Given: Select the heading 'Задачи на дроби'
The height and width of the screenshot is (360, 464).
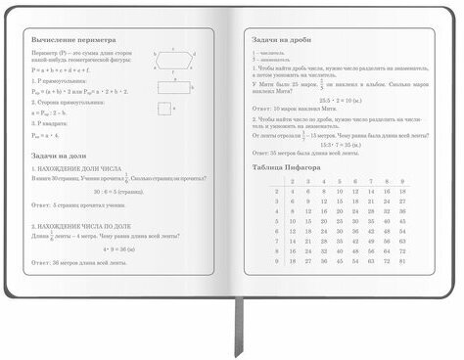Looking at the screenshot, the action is [284, 36].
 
